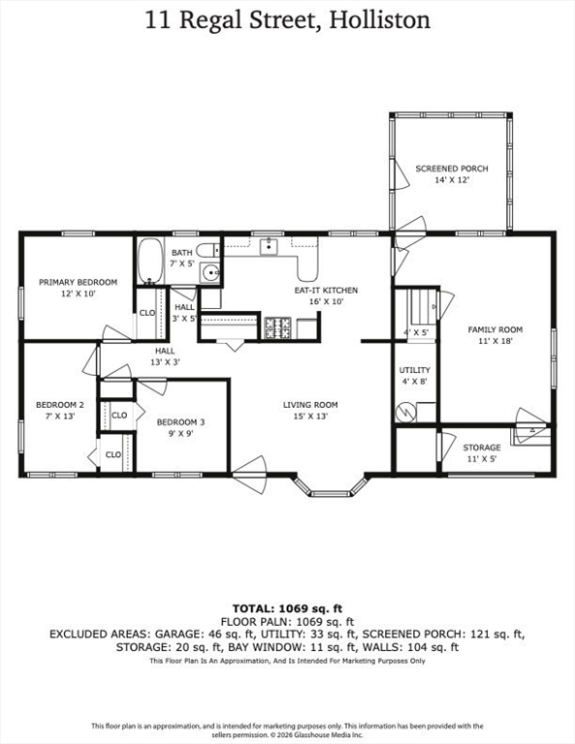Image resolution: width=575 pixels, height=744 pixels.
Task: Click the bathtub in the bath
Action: point(150,262)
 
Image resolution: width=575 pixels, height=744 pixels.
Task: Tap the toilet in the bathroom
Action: point(208,250)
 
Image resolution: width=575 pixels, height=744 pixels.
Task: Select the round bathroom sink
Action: point(209,272)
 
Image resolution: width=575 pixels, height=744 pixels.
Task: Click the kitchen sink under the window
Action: point(269,246)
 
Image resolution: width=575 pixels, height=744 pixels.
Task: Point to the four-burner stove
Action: point(277,328)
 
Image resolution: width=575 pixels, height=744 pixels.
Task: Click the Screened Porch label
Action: point(452,169)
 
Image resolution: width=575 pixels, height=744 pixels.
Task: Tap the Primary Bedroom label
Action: point(78,282)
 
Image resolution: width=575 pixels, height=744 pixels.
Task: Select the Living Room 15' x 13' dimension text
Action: point(310,417)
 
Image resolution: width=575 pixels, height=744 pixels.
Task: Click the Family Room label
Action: point(495,329)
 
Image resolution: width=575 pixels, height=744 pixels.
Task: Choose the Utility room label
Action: point(414,370)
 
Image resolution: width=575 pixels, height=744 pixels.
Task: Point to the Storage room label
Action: point(482,448)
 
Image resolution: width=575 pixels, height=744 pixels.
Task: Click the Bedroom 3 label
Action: point(181,421)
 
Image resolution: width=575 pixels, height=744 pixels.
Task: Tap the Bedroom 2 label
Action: point(60,405)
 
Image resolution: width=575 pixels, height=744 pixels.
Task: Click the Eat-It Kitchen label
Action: point(326,290)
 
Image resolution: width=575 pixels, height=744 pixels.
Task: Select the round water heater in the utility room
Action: point(406,412)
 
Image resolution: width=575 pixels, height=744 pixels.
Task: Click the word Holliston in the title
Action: point(380,20)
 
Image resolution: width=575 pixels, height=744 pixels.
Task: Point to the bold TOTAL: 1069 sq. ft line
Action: point(287,608)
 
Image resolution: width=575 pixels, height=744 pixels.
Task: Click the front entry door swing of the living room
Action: point(250,475)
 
